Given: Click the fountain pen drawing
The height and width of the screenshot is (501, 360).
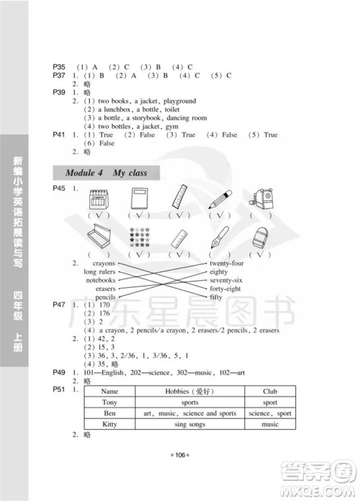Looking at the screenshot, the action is click(220, 238).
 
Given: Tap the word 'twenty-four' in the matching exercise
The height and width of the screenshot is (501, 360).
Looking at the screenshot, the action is click(224, 264).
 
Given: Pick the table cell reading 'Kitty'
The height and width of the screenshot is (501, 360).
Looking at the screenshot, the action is click(109, 425).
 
